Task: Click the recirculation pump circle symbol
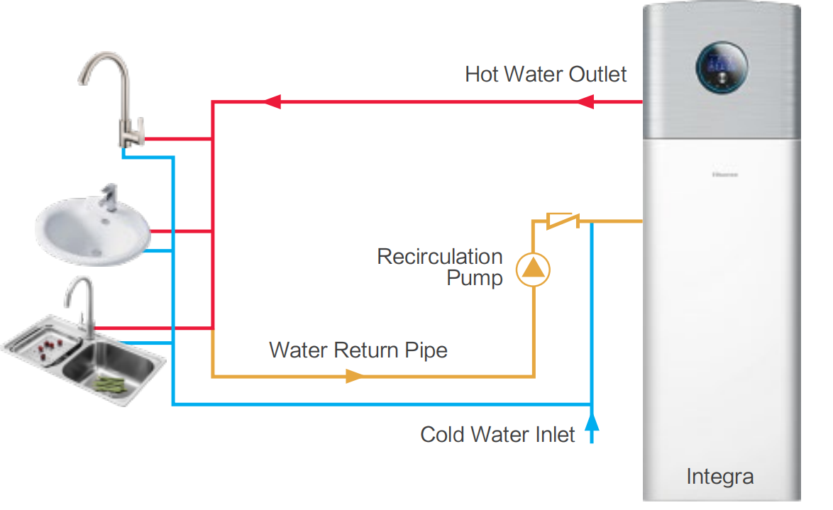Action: point(533,269)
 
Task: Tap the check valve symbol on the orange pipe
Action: point(563,221)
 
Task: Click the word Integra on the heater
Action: point(719,477)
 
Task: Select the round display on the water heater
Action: point(721,69)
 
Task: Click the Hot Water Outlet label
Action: point(546,74)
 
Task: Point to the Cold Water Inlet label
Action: point(497,434)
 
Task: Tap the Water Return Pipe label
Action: point(358,350)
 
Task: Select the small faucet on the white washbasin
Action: point(109,199)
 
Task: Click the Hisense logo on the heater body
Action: point(724,174)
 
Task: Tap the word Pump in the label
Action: point(474,278)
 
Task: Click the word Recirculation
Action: point(439,256)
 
